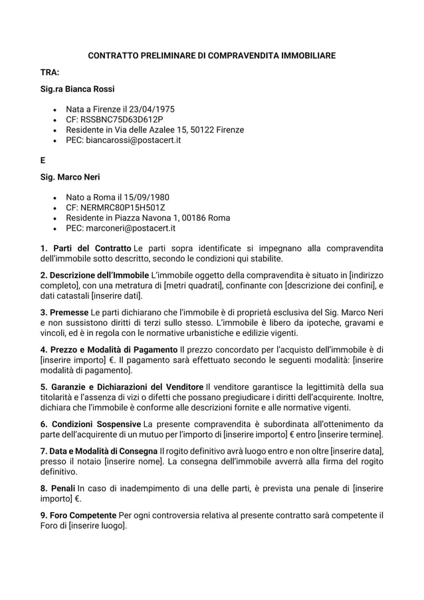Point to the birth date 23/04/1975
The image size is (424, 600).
click(x=154, y=108)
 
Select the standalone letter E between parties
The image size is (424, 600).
click(x=43, y=160)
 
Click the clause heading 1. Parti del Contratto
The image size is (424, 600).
click(x=86, y=248)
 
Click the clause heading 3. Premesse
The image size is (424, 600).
click(x=65, y=312)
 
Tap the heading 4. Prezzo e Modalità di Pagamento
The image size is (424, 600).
click(x=109, y=349)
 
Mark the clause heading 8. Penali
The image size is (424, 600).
click(x=58, y=488)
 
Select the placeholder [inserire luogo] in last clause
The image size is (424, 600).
click(x=97, y=525)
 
